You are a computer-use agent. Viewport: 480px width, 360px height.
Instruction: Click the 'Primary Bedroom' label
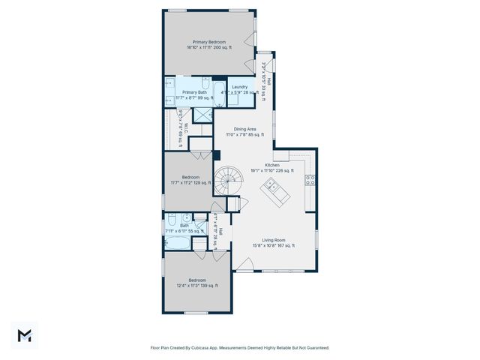point(209,42)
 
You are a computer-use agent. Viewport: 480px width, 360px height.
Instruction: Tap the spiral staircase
point(225,179)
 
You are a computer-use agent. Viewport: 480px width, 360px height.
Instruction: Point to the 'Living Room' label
point(273,239)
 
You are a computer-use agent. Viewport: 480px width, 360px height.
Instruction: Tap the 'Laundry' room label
point(239,87)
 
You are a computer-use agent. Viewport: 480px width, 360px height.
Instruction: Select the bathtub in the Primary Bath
point(218,95)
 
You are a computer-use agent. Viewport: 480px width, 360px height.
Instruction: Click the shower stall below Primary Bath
point(202,114)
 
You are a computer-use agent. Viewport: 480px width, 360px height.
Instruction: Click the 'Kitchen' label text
point(272,165)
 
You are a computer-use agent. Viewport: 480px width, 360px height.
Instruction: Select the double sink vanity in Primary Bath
point(169,91)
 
